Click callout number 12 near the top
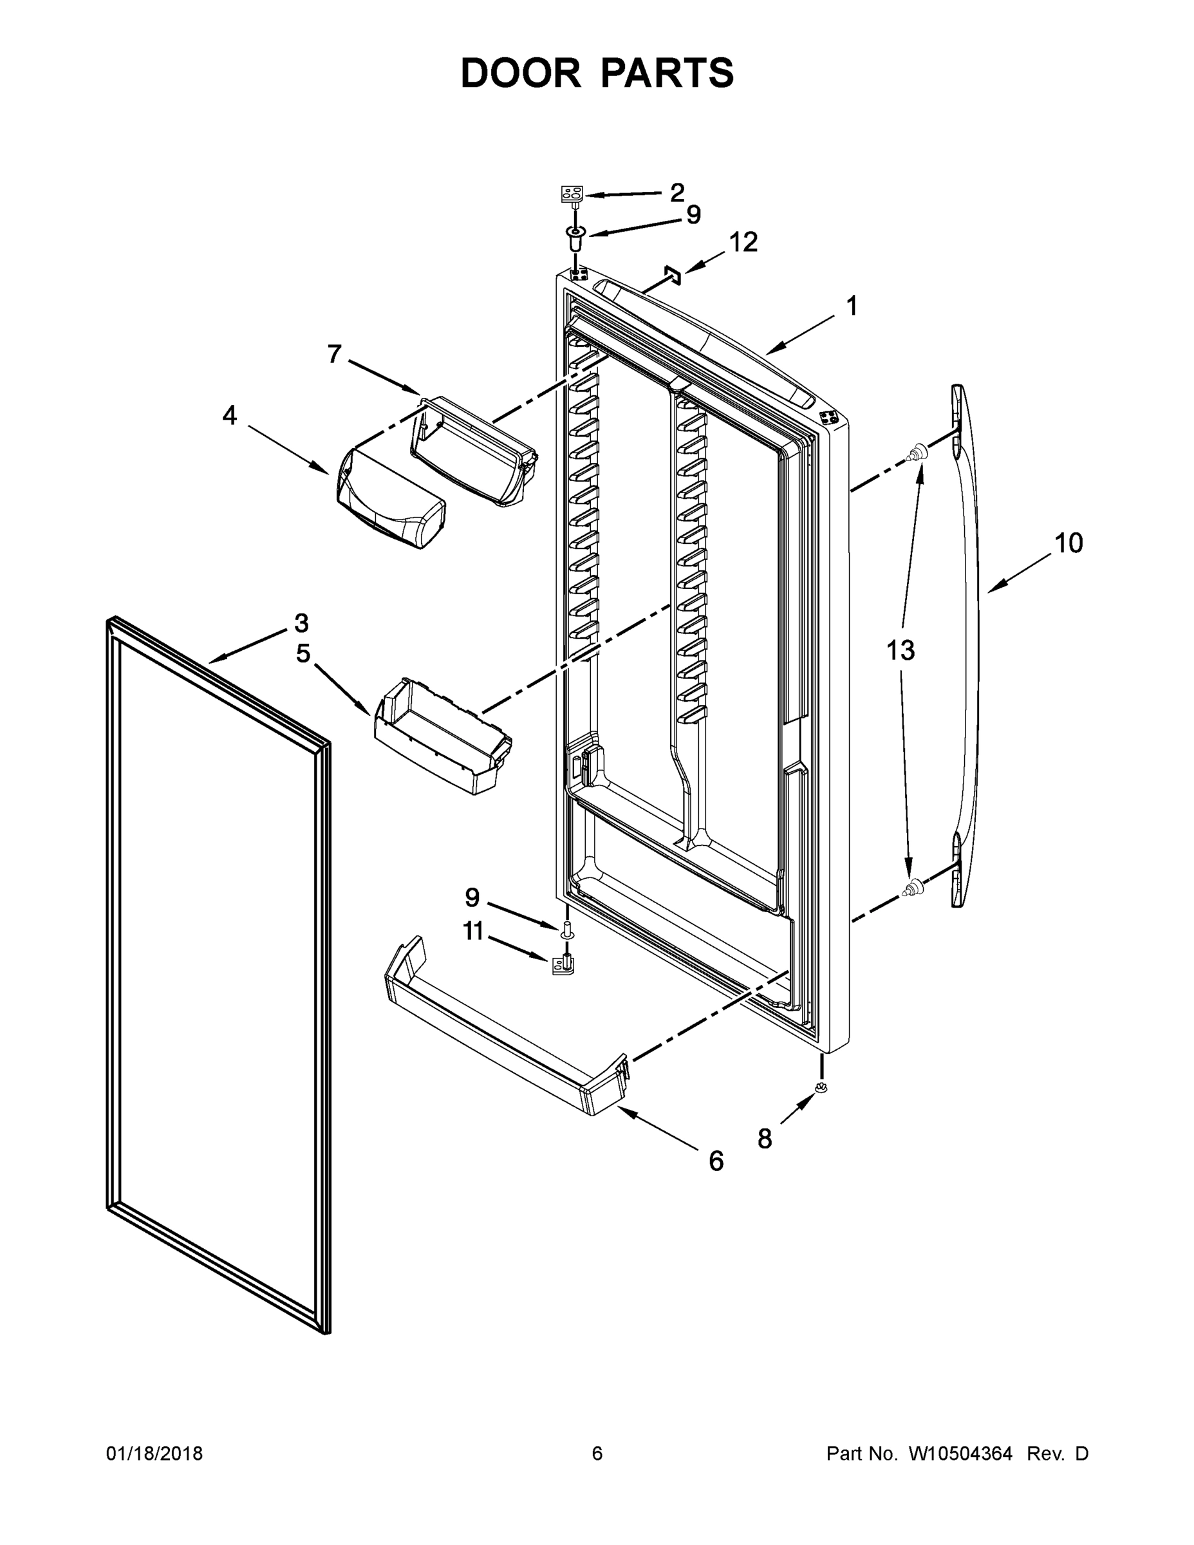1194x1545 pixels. [x=743, y=243]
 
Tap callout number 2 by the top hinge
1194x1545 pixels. [x=677, y=192]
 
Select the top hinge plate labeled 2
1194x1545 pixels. [x=572, y=194]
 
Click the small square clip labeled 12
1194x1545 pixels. [x=672, y=275]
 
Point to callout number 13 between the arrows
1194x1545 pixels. [x=900, y=650]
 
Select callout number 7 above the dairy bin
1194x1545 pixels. [x=335, y=353]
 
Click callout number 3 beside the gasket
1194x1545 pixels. [x=301, y=623]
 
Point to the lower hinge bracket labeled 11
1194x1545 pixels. [x=564, y=965]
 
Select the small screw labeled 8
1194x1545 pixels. [x=821, y=1088]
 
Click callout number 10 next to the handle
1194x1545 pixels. [x=1068, y=543]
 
